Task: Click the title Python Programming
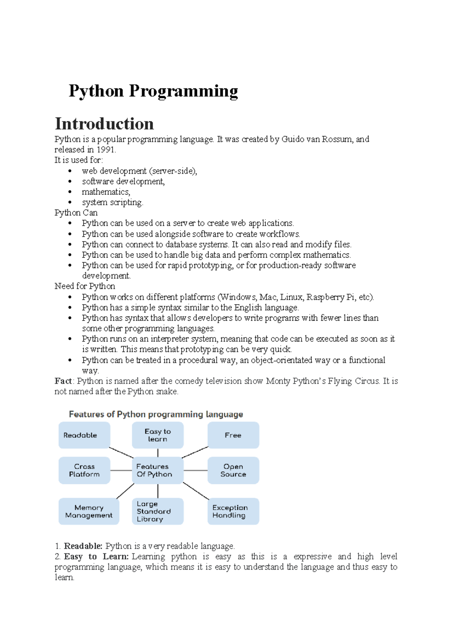pos(153,91)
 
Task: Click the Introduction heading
pos(104,124)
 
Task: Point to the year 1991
pos(105,150)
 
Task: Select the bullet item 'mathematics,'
pos(106,192)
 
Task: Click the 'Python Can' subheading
pos(76,213)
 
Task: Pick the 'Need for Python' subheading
pos(85,286)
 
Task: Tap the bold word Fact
pos(63,381)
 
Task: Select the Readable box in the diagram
pos(84,435)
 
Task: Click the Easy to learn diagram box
pos(158,435)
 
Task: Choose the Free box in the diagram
pos(233,435)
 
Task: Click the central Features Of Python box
pos(158,470)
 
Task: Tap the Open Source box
pos(233,470)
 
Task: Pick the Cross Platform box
pos(84,470)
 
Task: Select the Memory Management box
pos(89,511)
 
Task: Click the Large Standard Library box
pos(158,511)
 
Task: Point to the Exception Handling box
pos(233,511)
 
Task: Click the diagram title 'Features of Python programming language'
pos(156,414)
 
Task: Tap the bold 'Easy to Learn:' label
pos(96,557)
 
